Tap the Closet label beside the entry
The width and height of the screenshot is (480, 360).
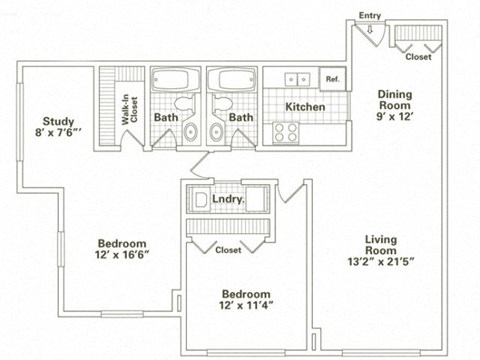point(419,57)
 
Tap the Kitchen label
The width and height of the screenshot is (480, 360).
point(303,105)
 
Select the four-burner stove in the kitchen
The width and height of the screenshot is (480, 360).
point(285,130)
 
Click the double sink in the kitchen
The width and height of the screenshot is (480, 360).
point(295,78)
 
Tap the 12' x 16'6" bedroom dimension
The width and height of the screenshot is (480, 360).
point(122,256)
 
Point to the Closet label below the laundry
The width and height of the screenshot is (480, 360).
point(228,250)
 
